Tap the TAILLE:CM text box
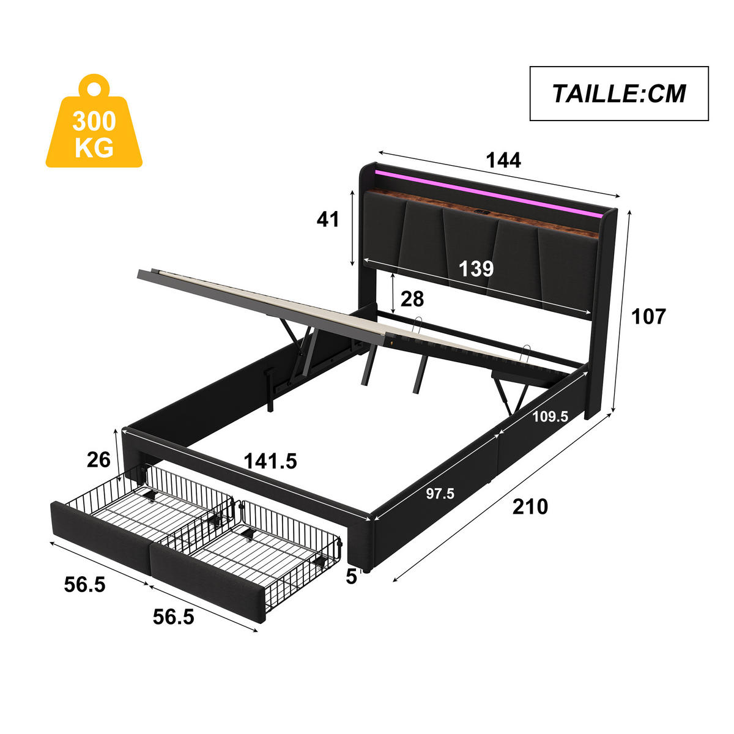click(618, 94)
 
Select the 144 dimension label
click(503, 160)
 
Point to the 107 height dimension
click(648, 316)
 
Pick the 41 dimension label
click(328, 219)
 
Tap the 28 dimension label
click(412, 299)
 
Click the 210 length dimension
click(530, 506)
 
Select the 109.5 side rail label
click(550, 417)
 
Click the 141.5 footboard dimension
click(270, 461)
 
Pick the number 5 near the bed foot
click(351, 576)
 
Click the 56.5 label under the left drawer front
click(85, 585)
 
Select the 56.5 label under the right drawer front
click(173, 617)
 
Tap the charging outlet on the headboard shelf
click(481, 213)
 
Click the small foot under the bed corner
click(367, 571)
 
